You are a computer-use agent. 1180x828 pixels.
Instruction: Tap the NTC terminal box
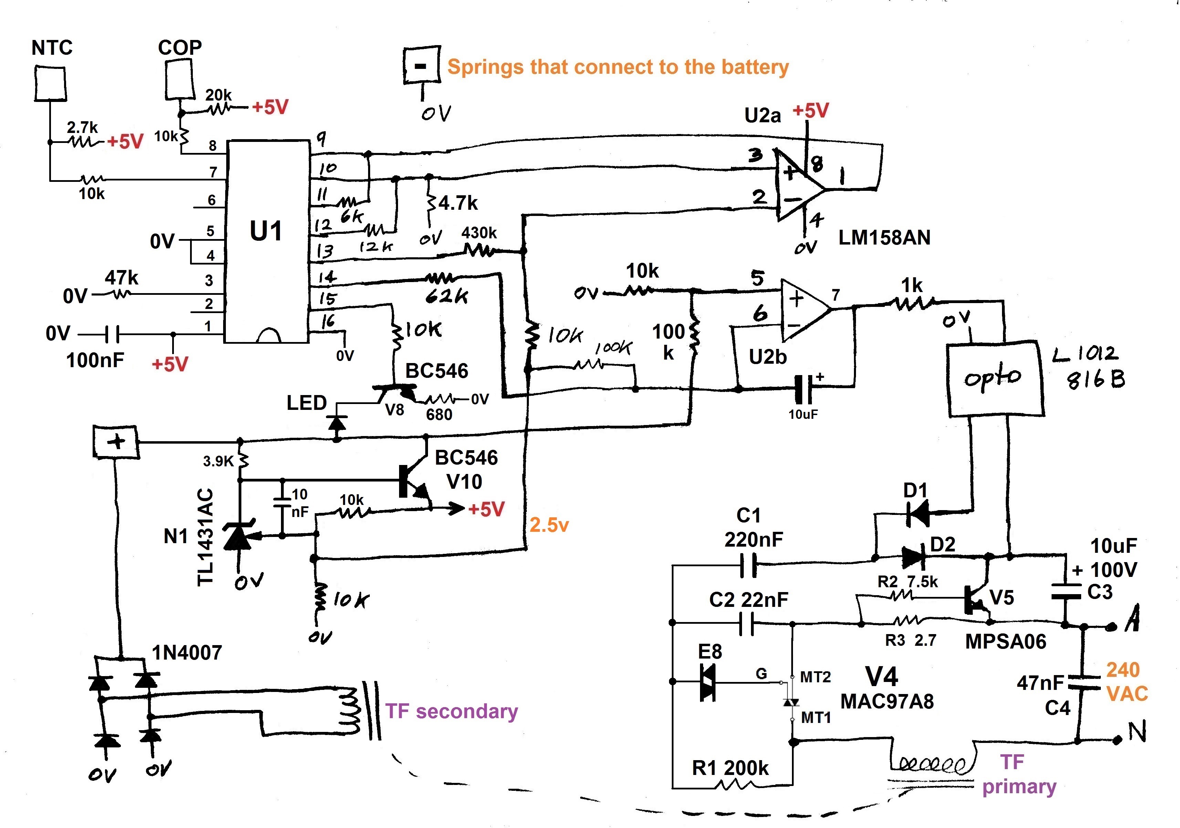pyautogui.click(x=50, y=83)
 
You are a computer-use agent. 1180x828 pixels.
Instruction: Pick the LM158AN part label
pyautogui.click(x=885, y=237)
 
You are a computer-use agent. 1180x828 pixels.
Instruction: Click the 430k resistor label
pyautogui.click(x=479, y=233)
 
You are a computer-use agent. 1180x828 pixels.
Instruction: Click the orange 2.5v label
pyautogui.click(x=549, y=525)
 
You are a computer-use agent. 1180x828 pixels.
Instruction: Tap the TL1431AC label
pyautogui.click(x=205, y=537)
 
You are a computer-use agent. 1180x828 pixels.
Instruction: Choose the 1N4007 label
pyautogui.click(x=187, y=653)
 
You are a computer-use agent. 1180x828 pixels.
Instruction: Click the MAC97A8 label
pyautogui.click(x=887, y=701)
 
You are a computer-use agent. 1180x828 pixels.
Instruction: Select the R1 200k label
pyautogui.click(x=730, y=768)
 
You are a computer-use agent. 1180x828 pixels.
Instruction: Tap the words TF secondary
pyautogui.click(x=452, y=711)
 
